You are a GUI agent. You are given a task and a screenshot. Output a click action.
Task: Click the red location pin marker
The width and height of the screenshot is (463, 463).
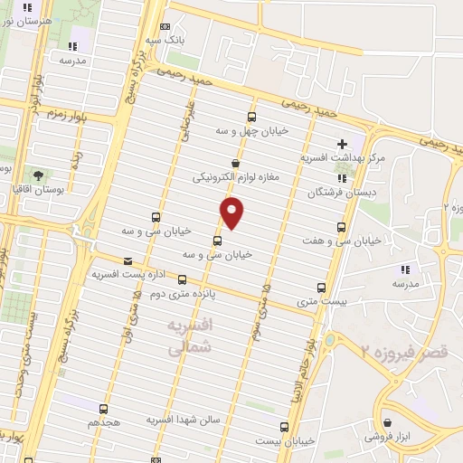pos(232,212)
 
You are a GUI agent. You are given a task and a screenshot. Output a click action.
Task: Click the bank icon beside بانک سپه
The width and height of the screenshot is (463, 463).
pos(164,27)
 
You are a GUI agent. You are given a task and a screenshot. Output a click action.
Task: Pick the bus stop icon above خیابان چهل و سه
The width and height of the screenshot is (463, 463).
pos(250,117)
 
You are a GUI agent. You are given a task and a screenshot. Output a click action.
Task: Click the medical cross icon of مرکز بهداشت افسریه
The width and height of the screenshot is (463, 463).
pos(342,143)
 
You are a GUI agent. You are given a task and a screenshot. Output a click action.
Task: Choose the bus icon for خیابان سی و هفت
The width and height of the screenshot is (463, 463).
pos(341,227)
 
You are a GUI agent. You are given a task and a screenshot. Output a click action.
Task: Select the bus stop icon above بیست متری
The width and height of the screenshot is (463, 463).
pos(321,288)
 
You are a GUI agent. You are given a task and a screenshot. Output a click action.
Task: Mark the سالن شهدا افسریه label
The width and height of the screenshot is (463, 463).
pos(188,421)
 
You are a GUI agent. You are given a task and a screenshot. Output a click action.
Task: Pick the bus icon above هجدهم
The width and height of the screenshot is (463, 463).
pos(104,409)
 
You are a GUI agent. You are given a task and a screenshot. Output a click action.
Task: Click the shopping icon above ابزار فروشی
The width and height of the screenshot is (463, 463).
pos(388,422)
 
